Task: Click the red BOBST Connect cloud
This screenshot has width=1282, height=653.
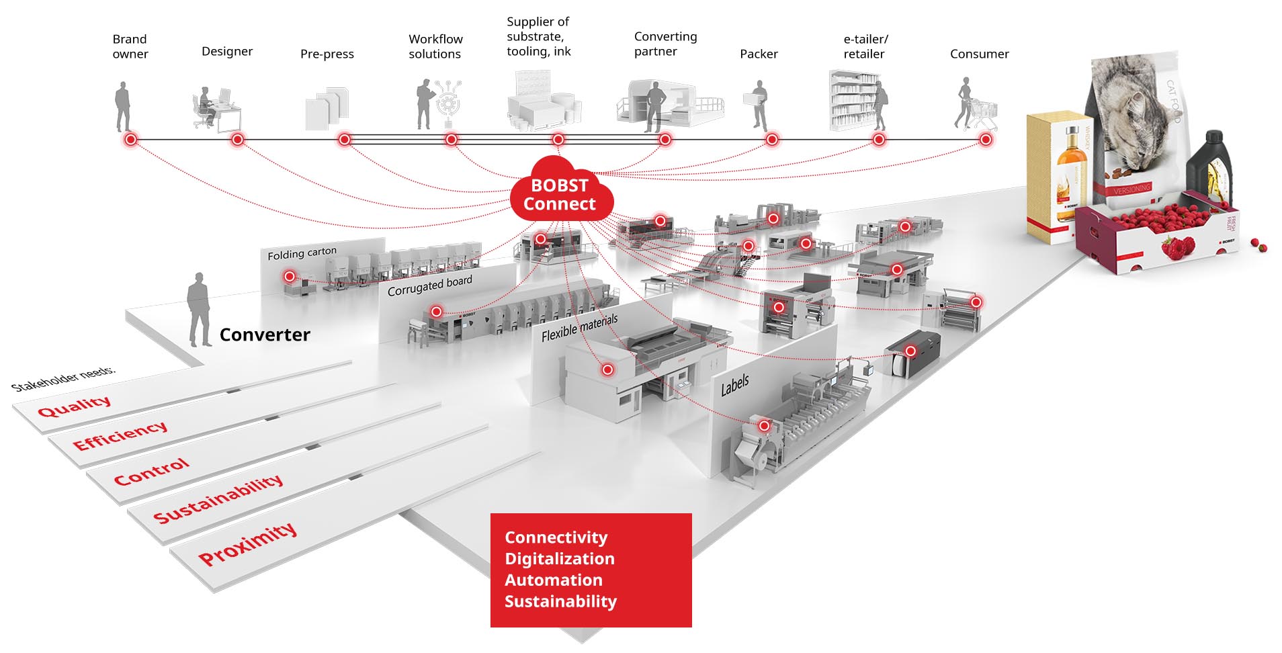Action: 560,193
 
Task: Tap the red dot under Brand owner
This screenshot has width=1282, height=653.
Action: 131,140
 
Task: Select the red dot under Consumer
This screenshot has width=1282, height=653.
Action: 985,140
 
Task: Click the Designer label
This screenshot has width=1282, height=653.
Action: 227,52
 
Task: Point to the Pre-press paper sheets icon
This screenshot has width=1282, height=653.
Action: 327,107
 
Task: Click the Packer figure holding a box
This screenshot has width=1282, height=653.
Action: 759,105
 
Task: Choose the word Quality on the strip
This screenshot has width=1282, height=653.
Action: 74,406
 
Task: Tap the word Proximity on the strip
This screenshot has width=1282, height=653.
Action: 247,544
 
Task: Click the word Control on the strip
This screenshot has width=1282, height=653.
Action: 151,472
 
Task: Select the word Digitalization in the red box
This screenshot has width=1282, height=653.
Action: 559,559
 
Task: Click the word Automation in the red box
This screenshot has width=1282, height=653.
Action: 553,580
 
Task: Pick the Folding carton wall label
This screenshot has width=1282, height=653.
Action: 302,253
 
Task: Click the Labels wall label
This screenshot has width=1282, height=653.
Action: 734,386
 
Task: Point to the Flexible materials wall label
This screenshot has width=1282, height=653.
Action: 579,327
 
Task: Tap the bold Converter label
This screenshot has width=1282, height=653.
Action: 265,335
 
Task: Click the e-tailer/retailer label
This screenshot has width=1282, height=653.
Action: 865,46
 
